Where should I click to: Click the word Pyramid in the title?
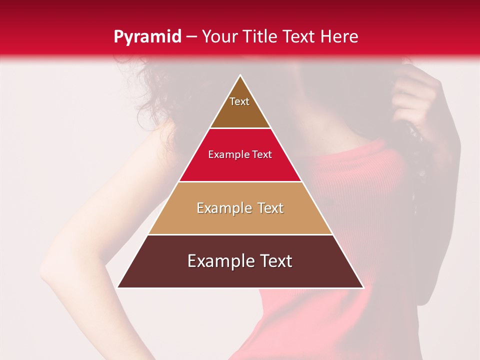147,37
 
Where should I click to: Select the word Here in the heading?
339,36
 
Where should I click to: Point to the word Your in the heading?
218,36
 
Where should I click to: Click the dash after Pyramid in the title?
191,37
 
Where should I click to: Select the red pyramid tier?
240,160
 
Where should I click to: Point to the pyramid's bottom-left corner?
118,287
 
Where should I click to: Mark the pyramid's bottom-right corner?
362,287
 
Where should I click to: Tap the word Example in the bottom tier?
213,261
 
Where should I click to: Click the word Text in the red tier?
262,155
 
